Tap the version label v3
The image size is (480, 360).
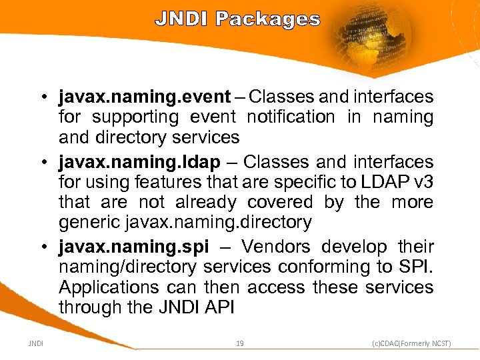click(x=424, y=182)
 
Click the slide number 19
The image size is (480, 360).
click(x=240, y=343)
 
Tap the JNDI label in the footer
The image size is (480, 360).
click(x=37, y=343)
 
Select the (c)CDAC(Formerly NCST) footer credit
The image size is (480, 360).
click(x=411, y=343)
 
